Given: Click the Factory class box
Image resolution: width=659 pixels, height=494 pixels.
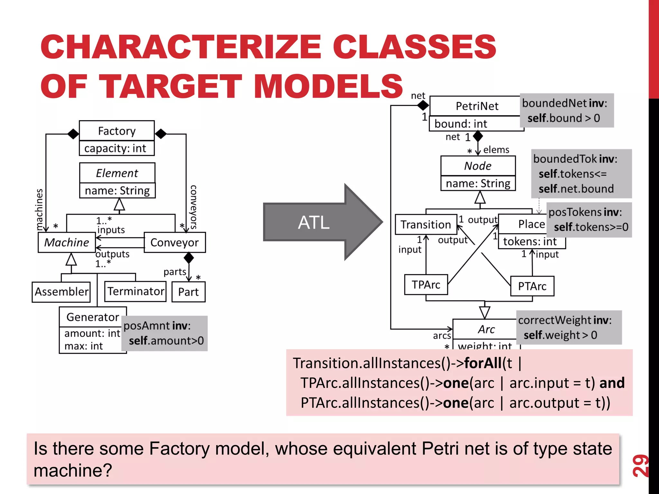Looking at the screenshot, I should point(116,131).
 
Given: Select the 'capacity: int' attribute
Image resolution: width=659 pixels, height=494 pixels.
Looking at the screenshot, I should point(115,148).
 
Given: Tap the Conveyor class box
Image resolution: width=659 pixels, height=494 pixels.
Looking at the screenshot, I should point(174,242).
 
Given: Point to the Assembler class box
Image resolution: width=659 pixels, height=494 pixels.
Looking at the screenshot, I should point(61,292).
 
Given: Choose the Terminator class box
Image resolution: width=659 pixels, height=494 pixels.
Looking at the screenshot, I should point(135,291).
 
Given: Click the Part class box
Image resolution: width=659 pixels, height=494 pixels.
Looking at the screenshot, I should point(188,292).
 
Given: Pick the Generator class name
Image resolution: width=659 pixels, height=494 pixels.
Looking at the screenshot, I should point(93,317).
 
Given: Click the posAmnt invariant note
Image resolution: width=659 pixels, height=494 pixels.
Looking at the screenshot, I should point(164,333).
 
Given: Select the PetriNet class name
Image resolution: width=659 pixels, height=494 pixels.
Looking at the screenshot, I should point(477,106).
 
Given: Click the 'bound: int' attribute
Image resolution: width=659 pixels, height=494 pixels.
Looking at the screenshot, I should point(461,124).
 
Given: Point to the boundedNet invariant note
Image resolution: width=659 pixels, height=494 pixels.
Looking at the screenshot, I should point(566,111).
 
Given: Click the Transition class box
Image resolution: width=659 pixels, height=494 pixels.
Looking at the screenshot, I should point(426,224).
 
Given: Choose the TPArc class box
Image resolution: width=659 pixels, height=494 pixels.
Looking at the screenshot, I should point(426,285).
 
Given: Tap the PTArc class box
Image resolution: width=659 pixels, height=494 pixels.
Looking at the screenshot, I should point(532,286).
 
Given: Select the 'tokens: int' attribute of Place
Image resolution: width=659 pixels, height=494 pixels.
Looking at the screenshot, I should point(530,242).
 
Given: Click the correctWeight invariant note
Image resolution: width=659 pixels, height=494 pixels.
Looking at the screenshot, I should point(568,327).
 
